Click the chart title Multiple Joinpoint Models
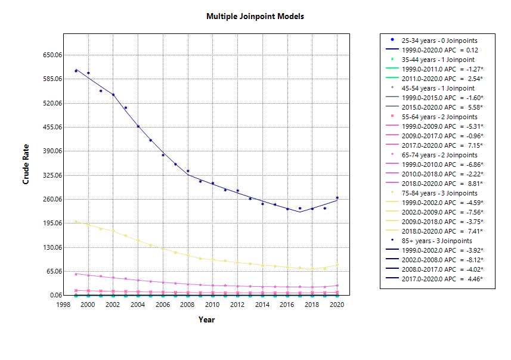[x=255, y=16]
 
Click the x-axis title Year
[x=206, y=319]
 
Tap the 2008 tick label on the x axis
[x=187, y=305]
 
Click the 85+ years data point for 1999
[x=76, y=70]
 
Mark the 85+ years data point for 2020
[x=337, y=197]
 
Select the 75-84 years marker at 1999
[x=76, y=221]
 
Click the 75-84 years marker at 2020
[x=337, y=265]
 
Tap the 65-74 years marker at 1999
[x=76, y=274]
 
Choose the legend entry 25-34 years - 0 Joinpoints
[x=438, y=41]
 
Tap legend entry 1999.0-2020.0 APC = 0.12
[x=439, y=50]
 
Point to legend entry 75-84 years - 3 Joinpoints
[x=439, y=193]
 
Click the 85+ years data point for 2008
[x=187, y=171]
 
